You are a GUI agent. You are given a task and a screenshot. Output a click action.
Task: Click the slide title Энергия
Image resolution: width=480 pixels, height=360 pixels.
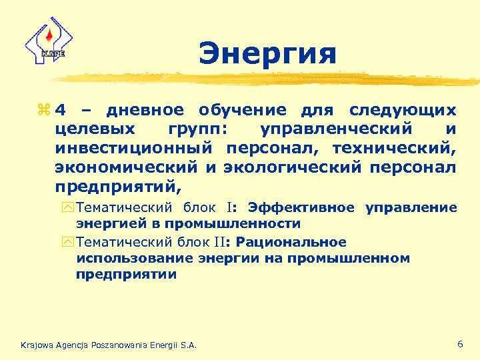pos(267,54)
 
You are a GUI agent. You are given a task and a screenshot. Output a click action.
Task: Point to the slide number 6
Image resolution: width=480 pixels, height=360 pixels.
pos(460,344)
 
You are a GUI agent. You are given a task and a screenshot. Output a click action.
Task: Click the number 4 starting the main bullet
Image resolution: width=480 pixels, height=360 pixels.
pos(61,109)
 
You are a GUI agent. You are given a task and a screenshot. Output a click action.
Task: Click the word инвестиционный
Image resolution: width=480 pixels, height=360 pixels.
pos(133,145)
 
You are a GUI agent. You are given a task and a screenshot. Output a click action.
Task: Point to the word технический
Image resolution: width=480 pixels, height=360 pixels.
pos(397,145)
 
